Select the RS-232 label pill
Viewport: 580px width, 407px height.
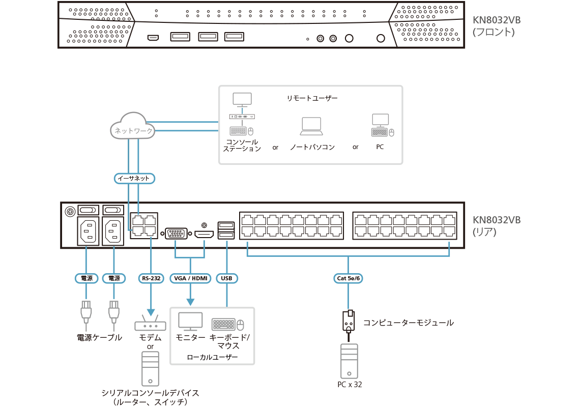(x=150, y=278)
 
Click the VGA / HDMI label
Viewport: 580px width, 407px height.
(x=190, y=278)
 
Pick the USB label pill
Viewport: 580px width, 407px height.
(x=227, y=278)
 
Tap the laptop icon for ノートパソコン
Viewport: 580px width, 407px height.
(x=311, y=126)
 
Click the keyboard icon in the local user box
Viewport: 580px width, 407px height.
(x=223, y=324)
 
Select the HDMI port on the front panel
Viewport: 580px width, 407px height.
(x=153, y=38)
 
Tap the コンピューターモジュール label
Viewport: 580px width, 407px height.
(x=408, y=323)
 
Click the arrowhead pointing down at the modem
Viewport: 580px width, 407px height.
(x=150, y=313)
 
